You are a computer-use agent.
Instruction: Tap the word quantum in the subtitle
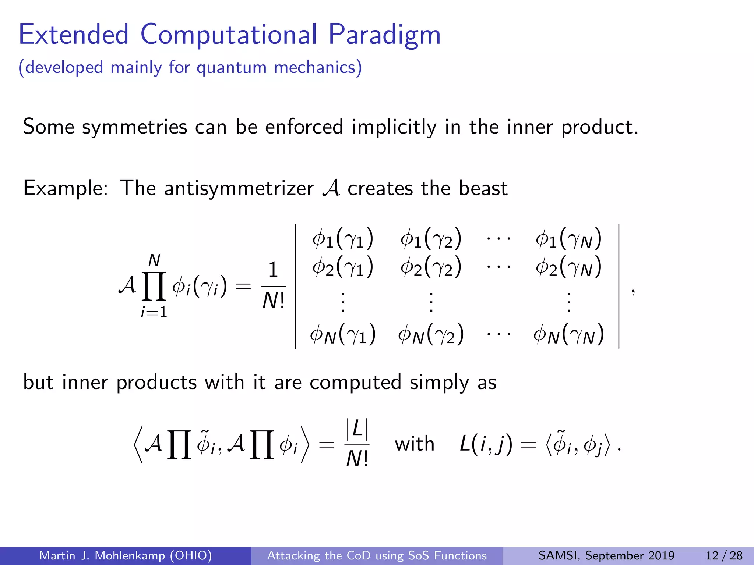point(231,68)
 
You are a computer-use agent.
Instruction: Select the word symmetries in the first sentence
point(134,127)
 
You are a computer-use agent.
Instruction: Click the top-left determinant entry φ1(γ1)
point(342,238)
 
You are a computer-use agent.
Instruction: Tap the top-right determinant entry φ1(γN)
point(568,238)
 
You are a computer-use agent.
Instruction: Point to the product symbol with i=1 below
point(154,286)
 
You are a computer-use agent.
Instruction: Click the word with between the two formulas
point(415,444)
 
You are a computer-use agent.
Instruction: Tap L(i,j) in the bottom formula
point(486,444)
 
